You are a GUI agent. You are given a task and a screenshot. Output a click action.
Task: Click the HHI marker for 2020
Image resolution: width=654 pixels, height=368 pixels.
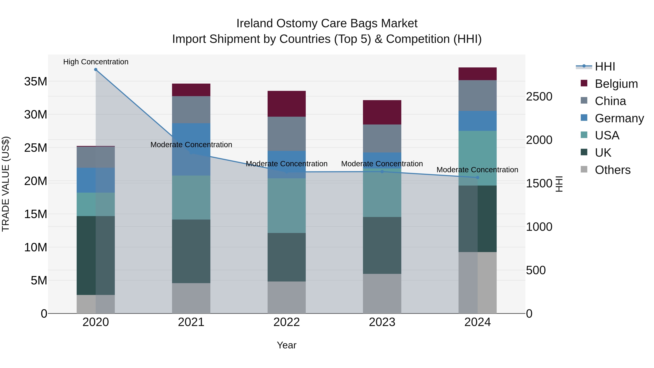click(96, 70)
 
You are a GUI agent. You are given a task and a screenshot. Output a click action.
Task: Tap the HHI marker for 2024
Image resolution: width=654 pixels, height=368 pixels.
click(478, 178)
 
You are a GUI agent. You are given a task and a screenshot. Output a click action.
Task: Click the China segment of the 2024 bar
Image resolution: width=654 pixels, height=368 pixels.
click(478, 95)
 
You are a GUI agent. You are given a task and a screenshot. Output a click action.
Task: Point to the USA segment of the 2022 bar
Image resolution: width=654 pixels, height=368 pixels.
click(287, 206)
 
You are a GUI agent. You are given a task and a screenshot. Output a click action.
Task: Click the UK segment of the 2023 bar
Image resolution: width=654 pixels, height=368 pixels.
click(382, 245)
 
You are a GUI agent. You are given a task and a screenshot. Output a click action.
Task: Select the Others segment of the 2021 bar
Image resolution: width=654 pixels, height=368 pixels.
click(191, 298)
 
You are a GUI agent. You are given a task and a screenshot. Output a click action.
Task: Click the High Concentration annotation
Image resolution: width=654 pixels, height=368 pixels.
click(96, 62)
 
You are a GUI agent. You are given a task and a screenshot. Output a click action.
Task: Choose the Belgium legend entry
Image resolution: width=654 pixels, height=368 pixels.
click(616, 84)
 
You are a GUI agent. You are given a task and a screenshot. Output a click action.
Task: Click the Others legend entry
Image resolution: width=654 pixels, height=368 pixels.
click(612, 170)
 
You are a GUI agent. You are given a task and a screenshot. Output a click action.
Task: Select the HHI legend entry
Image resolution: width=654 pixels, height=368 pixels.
click(605, 67)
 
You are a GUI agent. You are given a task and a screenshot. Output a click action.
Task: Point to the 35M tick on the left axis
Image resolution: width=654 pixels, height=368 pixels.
click(36, 82)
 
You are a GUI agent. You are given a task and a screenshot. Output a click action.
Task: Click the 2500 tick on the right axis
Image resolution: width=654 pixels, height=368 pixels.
click(539, 96)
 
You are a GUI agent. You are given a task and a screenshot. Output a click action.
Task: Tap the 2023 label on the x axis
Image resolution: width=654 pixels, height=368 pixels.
click(382, 322)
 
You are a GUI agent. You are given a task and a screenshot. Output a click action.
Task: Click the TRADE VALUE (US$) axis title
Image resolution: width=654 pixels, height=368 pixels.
click(6, 184)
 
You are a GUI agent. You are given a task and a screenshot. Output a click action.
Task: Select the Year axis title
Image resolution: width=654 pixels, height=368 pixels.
click(287, 345)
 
